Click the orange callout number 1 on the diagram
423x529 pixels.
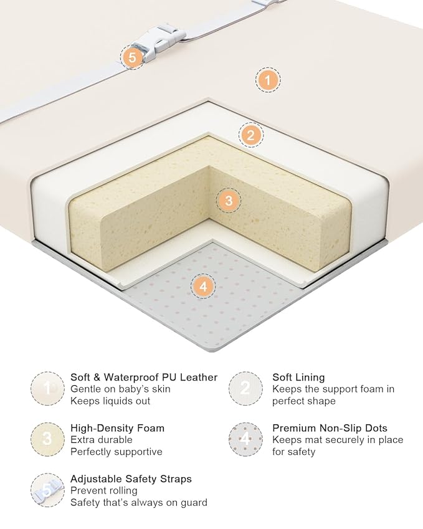[x=267, y=80]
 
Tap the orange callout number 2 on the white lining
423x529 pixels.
[x=250, y=135]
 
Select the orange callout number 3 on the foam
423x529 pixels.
[x=229, y=201]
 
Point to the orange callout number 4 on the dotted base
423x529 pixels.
[x=203, y=287]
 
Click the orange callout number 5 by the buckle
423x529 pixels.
[x=133, y=57]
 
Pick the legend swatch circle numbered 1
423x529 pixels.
[x=47, y=389]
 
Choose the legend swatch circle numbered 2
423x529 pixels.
[x=245, y=389]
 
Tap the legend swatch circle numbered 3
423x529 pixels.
[x=47, y=439]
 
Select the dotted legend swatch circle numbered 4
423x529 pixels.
[x=245, y=439]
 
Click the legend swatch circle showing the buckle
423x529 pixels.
[x=47, y=490]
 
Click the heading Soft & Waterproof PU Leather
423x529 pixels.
[x=144, y=377]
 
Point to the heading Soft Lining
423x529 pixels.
[x=298, y=377]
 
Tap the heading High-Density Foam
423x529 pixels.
[x=117, y=428]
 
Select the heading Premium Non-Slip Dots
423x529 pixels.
[x=330, y=428]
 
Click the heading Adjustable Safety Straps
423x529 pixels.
[x=131, y=479]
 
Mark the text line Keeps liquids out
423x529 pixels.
[x=110, y=401]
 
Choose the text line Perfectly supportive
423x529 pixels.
[x=116, y=452]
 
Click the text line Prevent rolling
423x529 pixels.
[x=104, y=490]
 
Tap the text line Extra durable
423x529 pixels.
[x=102, y=440]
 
